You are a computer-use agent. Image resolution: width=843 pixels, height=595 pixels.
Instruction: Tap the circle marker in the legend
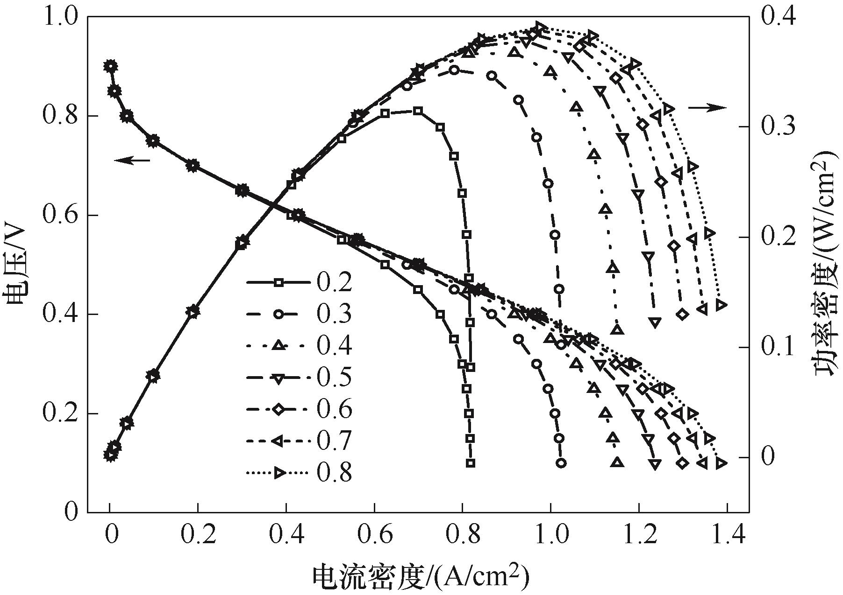point(279,314)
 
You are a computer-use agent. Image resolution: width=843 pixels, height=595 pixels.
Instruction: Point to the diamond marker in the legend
point(279,409)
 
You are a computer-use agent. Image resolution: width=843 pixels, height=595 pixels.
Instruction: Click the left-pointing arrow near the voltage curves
point(132,161)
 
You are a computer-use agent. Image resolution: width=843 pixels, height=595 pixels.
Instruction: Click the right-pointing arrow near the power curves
point(707,108)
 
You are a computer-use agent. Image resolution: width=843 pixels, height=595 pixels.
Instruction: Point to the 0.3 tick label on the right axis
point(778,127)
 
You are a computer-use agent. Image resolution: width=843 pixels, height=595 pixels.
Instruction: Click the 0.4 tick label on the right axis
point(778,17)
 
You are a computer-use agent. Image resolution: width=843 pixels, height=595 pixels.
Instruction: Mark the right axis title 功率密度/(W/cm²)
point(826,265)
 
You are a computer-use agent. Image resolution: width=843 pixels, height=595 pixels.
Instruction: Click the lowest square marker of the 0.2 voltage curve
point(471,463)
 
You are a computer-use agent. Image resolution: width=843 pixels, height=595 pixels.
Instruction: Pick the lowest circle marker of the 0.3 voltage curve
point(562,463)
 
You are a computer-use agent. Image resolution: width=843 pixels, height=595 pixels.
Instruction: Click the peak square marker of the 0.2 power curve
point(418,111)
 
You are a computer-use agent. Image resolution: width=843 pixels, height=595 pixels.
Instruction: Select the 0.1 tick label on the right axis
point(778,348)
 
